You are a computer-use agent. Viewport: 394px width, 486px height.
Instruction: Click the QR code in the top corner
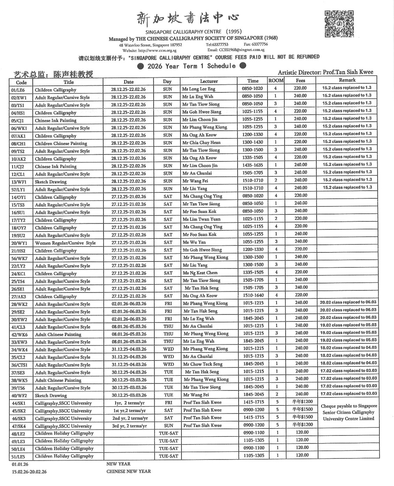click(x=339, y=24)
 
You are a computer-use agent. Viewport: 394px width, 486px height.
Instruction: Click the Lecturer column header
click(x=209, y=81)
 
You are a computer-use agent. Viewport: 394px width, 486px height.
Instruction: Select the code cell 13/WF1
click(x=21, y=182)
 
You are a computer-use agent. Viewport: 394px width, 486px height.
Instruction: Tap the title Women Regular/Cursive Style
click(x=65, y=243)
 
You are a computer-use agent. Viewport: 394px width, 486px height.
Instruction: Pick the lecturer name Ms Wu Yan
click(x=194, y=242)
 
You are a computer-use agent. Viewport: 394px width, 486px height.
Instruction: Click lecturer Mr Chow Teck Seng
click(x=202, y=364)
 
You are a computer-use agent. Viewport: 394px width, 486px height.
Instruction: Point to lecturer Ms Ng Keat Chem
click(x=200, y=273)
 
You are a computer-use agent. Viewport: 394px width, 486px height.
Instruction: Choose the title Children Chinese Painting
click(x=61, y=143)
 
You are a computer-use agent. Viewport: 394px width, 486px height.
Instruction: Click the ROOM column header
click(x=276, y=81)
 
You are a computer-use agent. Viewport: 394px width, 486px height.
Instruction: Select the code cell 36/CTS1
click(x=21, y=365)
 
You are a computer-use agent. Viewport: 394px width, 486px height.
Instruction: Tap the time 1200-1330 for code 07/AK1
click(x=253, y=134)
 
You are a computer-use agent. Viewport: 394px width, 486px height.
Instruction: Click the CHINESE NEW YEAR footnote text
click(x=129, y=471)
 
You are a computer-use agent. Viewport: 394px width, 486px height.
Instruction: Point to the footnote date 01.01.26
click(x=20, y=464)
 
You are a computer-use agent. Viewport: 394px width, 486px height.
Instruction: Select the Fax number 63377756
click(x=260, y=44)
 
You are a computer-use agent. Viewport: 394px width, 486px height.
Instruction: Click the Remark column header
click(x=347, y=80)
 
